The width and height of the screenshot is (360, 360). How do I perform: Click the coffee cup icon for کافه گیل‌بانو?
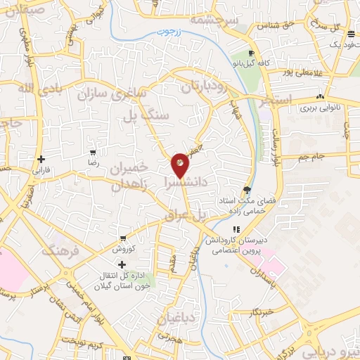pos(251,54)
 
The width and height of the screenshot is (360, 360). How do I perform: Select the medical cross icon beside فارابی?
pos(41,159)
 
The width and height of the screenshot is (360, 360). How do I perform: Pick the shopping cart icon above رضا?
pos(94,153)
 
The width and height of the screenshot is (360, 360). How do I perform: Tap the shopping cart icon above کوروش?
pos(123,238)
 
